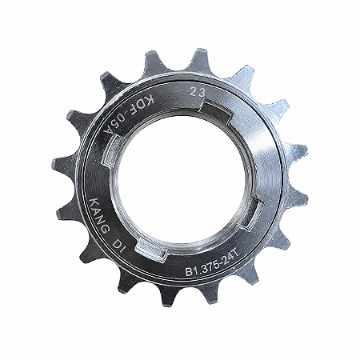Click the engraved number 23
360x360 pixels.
coord(197,92)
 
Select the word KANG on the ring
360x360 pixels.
coord(98,215)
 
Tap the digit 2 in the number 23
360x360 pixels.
coord(193,92)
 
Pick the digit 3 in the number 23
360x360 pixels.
coord(202,93)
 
